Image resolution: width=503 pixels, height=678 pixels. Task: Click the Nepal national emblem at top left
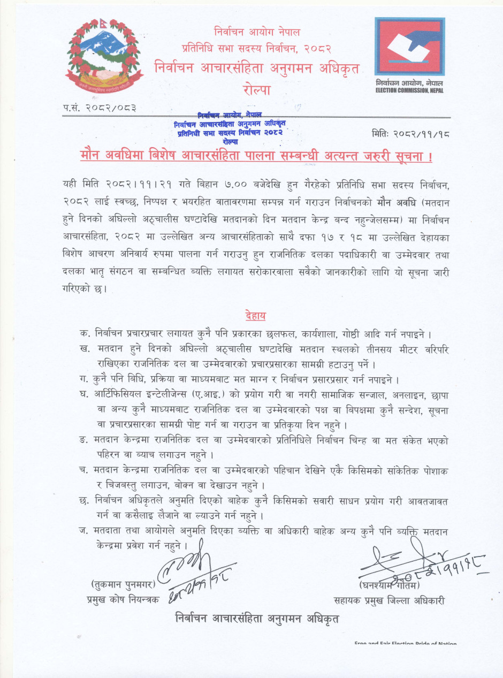tap(104, 54)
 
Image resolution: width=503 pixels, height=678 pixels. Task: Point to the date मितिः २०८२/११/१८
tap(410, 134)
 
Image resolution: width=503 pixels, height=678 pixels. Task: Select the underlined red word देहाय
tap(256, 315)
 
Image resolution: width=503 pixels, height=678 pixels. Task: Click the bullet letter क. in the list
tap(84, 333)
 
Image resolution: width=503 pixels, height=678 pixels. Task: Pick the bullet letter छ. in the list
tap(84, 501)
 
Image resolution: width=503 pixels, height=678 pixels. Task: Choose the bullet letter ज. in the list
tap(83, 532)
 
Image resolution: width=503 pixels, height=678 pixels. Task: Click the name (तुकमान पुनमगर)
tap(124, 584)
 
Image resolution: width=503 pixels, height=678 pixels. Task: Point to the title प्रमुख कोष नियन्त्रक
tap(123, 600)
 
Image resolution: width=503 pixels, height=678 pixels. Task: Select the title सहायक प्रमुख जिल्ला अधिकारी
tap(389, 601)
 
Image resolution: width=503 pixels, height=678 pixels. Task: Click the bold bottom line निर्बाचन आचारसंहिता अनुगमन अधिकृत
tap(257, 618)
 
